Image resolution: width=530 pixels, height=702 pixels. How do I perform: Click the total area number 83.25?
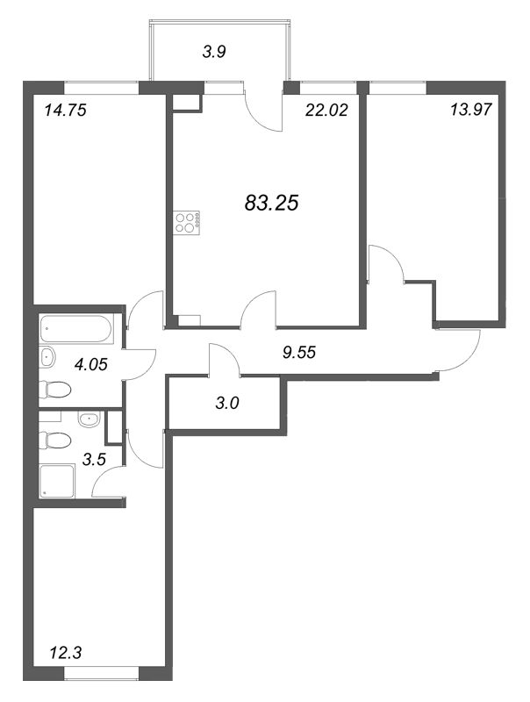pyautogui.click(x=273, y=203)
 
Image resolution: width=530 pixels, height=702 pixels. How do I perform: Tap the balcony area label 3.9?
pyautogui.click(x=214, y=52)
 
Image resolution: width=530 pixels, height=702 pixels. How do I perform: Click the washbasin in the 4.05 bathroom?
pyautogui.click(x=48, y=357)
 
